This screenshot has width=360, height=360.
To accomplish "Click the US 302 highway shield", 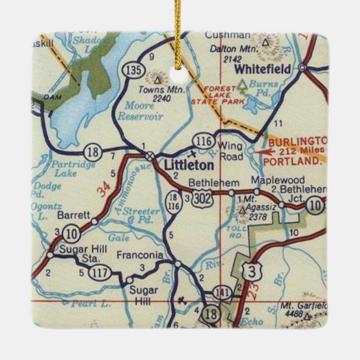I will (x=202, y=199).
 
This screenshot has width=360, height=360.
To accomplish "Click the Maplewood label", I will (x=277, y=180).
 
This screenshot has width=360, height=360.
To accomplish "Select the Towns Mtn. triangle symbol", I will (x=157, y=80).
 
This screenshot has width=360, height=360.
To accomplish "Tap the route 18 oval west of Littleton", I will (x=93, y=151).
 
